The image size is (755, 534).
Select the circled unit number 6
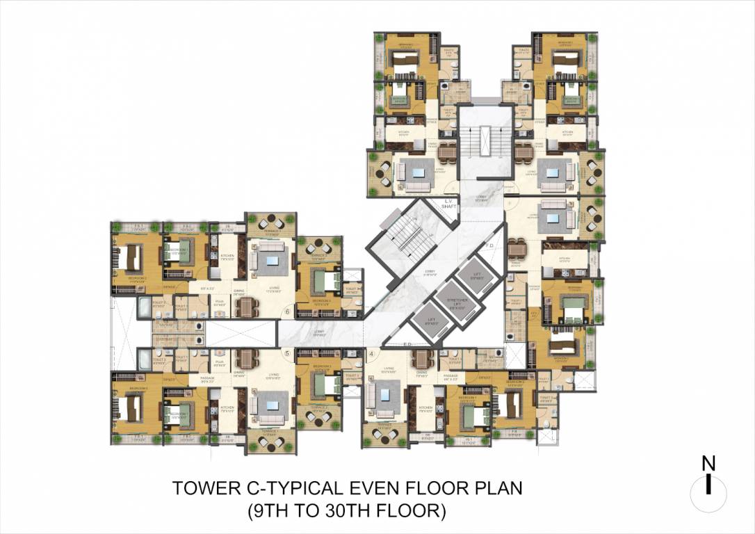click(286, 313)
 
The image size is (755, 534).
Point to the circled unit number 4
click(373, 353)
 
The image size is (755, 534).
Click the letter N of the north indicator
click(708, 464)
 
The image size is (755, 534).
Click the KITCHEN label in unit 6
click(228, 255)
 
